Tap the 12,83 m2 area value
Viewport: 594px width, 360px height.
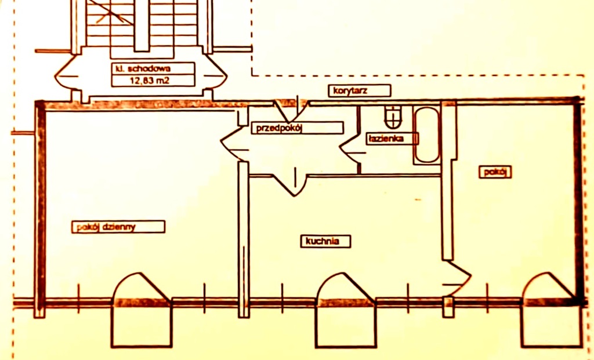pyautogui.click(x=152, y=80)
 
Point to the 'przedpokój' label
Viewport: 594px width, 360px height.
pyautogui.click(x=297, y=128)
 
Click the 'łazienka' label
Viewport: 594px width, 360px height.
pyautogui.click(x=393, y=139)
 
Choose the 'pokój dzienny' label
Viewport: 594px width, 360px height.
pyautogui.click(x=118, y=227)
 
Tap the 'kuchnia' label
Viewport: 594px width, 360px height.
pyautogui.click(x=325, y=241)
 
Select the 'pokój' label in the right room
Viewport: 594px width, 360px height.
pyautogui.click(x=495, y=172)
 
